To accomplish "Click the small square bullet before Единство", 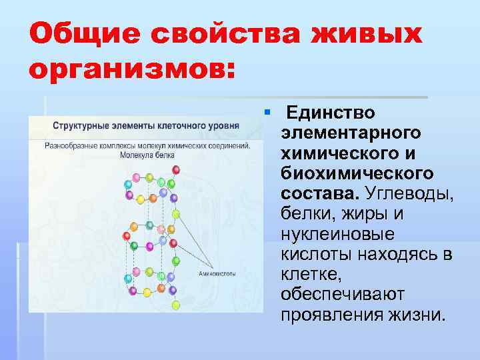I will point(266,110).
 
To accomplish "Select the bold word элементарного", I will point(351,133).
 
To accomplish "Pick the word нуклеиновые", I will point(338,234).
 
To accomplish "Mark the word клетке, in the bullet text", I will point(308,274).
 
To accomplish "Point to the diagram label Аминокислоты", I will point(218,274).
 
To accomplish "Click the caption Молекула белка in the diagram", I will point(147,154).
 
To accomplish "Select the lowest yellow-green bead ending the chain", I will point(176,305).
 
